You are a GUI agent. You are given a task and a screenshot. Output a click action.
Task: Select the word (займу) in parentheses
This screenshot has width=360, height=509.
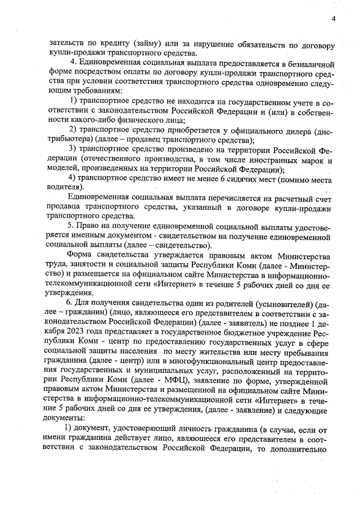(x=148, y=44)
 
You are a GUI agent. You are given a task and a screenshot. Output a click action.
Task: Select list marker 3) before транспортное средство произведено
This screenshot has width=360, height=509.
(x=72, y=149)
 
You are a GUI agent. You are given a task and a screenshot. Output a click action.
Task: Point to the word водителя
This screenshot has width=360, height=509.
(x=65, y=187)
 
